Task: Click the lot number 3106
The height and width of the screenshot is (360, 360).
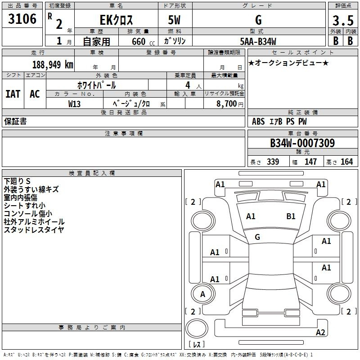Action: tap(22, 19)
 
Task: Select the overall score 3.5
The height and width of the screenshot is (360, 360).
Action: tap(343, 20)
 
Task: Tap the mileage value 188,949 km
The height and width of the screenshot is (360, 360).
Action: tap(53, 65)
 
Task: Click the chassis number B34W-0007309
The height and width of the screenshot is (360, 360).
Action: tap(302, 143)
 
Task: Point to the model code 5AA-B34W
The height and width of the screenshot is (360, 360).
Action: tap(258, 41)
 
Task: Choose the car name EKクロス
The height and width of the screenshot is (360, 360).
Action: tap(116, 20)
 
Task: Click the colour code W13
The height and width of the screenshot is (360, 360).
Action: tap(74, 104)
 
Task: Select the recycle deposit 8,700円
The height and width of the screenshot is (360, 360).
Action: tap(230, 104)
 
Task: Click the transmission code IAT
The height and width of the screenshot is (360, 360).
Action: tap(13, 94)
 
